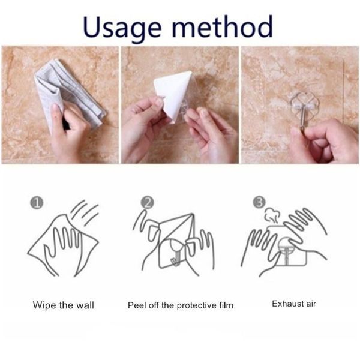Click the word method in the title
(x=222, y=26)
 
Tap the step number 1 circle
(x=37, y=203)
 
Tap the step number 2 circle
(x=147, y=203)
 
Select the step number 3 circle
(x=259, y=202)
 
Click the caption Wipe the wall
(x=64, y=305)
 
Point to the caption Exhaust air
(x=294, y=304)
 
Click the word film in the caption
(x=226, y=305)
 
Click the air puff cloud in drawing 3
(x=272, y=215)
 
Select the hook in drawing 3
(x=286, y=253)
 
